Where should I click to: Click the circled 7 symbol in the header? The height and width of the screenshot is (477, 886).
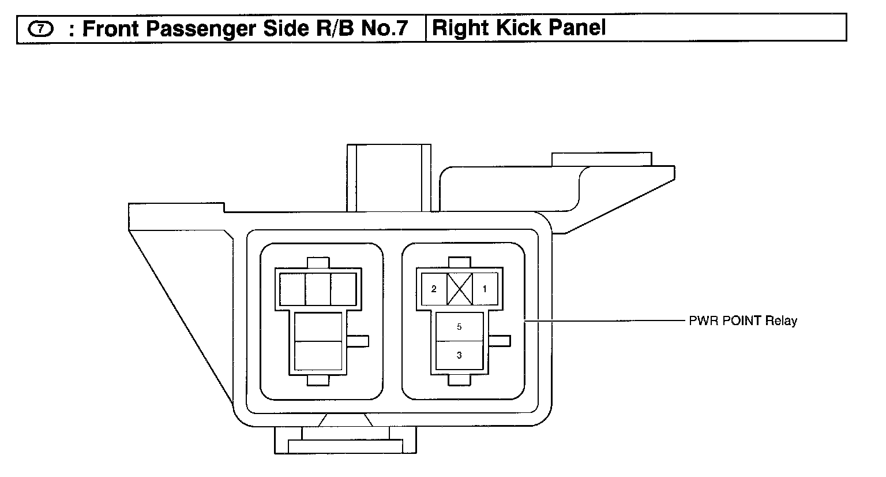point(40,28)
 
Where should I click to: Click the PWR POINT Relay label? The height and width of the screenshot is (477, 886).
point(743,321)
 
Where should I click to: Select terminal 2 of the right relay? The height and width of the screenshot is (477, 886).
point(434,288)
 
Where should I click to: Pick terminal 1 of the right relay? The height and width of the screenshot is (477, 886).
point(485,288)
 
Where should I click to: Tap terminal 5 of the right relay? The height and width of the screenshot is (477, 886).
point(459,327)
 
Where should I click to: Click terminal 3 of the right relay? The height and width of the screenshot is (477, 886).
point(459,355)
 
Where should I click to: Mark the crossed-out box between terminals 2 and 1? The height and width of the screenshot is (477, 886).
point(460,288)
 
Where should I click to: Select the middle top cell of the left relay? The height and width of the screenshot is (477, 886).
point(318,288)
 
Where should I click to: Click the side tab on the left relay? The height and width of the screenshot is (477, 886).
point(358,341)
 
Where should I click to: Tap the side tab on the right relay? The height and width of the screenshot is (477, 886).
point(499,341)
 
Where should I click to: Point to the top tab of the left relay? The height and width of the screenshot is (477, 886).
point(318,262)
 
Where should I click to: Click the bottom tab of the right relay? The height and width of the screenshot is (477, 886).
point(459,379)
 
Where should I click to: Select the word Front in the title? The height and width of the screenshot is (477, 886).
point(108,28)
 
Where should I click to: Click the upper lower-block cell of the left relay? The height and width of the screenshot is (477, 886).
point(318,327)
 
